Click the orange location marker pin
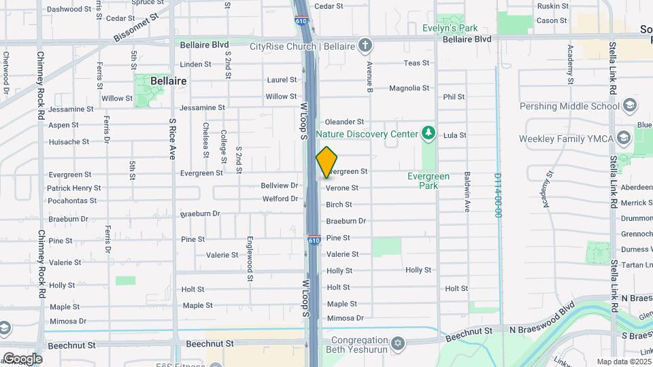326,161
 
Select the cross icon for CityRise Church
365,46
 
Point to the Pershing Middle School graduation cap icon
630,106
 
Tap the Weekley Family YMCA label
566,139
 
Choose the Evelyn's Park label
450,28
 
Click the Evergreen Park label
428,180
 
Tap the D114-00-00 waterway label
498,195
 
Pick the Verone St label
342,188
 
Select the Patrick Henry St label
73,188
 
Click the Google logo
22,359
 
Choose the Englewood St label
250,258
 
